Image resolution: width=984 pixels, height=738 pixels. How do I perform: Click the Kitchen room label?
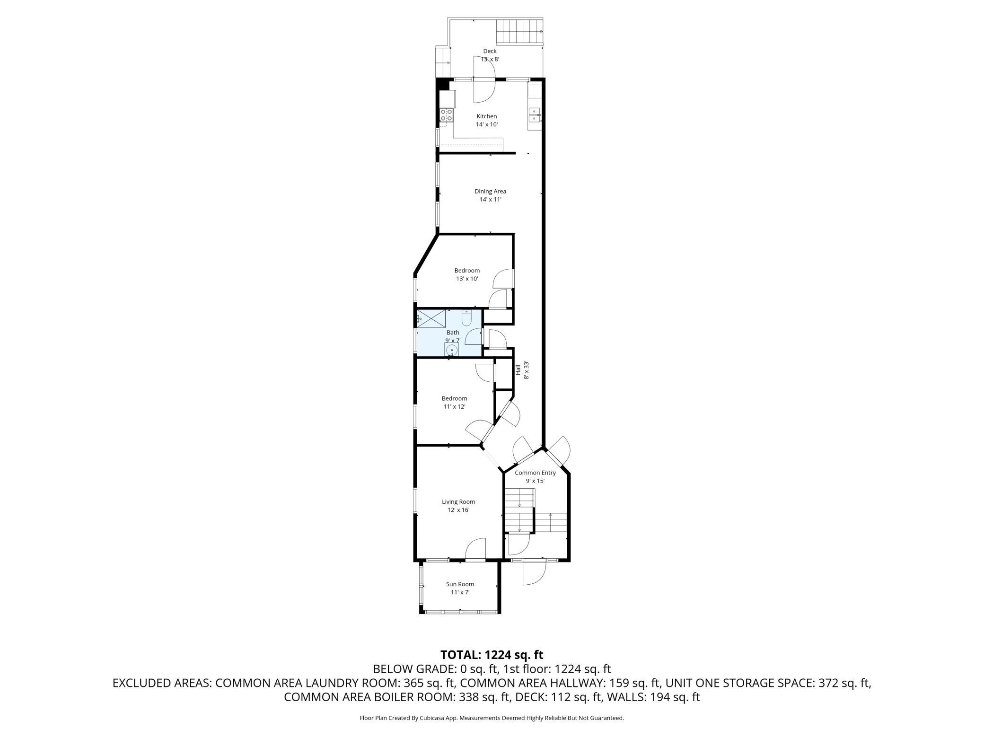[x=486, y=116]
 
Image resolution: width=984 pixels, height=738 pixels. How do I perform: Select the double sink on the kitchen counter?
[x=535, y=115]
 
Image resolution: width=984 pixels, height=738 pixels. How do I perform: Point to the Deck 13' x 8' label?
[x=490, y=55]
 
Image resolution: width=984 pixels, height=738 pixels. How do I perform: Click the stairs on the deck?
[x=518, y=32]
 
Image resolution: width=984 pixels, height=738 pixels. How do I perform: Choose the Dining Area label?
[x=490, y=192]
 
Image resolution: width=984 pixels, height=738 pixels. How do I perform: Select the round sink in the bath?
[x=451, y=351]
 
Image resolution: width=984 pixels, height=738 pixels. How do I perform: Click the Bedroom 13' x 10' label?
[x=467, y=274]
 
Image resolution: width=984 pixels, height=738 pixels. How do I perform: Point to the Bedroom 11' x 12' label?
[x=454, y=402]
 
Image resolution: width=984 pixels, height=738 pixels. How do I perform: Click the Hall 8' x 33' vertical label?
[x=521, y=369]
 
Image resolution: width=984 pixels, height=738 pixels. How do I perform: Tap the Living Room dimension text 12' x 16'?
[x=458, y=510]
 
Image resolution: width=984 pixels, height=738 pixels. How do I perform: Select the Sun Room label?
[x=459, y=584]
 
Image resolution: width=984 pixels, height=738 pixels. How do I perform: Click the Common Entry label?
[x=535, y=473]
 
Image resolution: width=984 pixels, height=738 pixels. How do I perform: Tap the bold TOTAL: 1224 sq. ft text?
[x=492, y=655]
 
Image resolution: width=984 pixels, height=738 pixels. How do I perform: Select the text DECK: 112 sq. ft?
[x=559, y=697]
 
